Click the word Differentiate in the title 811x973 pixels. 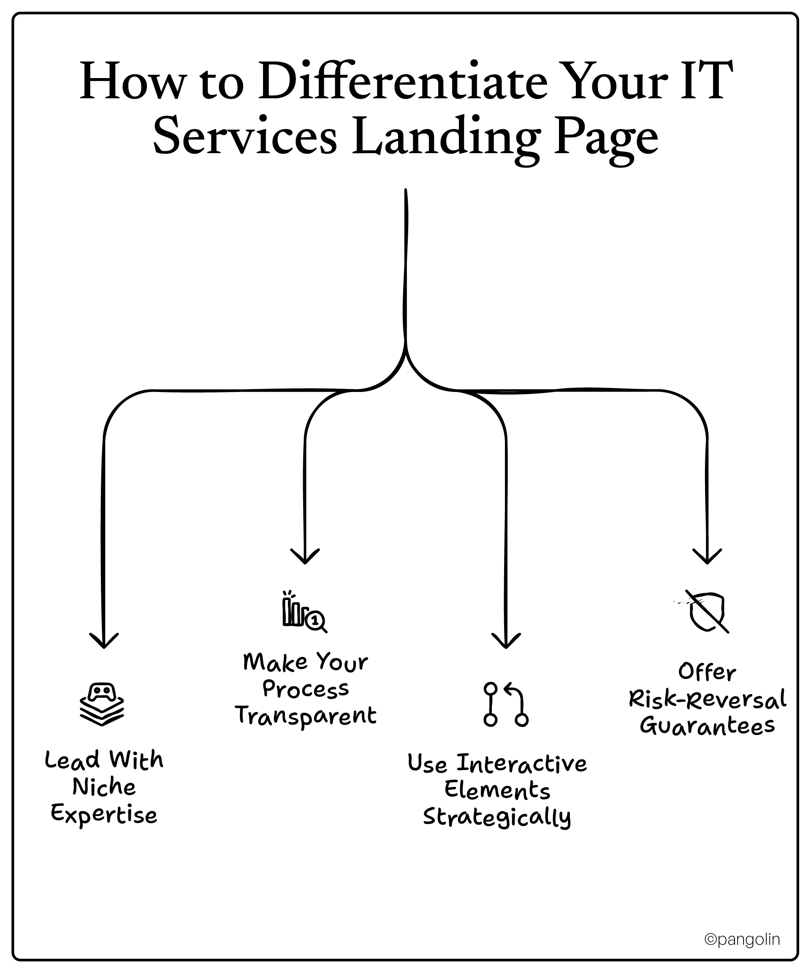click(x=402, y=82)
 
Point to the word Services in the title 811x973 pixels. click(x=245, y=137)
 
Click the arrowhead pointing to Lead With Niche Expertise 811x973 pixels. click(x=104, y=642)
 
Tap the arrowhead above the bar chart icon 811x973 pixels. click(x=305, y=558)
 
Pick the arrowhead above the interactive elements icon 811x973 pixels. click(x=506, y=642)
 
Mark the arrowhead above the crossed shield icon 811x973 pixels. click(x=707, y=558)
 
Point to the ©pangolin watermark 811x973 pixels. click(x=742, y=939)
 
